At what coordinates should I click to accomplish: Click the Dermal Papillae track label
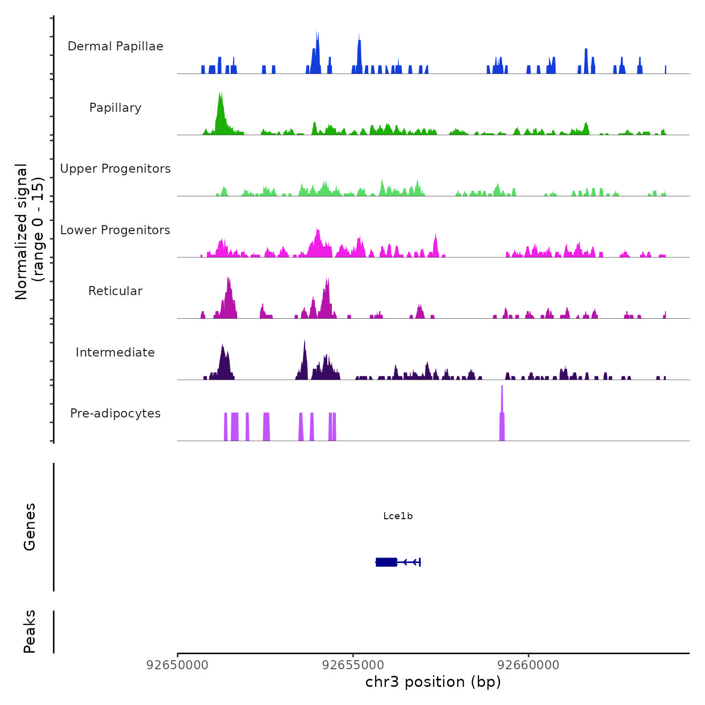tap(115, 46)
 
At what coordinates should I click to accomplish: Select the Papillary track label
tap(115, 108)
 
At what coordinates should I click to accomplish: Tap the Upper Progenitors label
tap(115, 169)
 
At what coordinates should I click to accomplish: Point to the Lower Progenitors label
tap(115, 230)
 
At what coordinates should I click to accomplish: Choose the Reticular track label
tap(115, 291)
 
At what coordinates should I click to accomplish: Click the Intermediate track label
tap(115, 352)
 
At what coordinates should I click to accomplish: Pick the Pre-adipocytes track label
tap(115, 413)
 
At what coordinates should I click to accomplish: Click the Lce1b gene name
tap(398, 516)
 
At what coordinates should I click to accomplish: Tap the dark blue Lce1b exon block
tap(386, 562)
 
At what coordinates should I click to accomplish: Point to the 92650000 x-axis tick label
tap(177, 665)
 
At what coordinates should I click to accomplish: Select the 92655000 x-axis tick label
tap(353, 665)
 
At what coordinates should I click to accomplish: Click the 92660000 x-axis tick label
tap(529, 665)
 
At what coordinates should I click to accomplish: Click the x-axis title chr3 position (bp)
tap(433, 682)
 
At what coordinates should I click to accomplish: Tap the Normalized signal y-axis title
tap(29, 232)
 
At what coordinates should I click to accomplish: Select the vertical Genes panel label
tap(30, 527)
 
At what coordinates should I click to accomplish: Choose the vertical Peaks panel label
tap(30, 631)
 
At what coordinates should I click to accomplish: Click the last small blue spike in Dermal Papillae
tap(665, 70)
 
